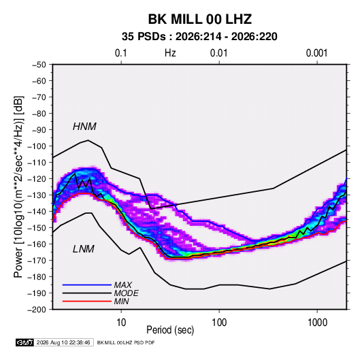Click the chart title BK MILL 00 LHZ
coord(200,19)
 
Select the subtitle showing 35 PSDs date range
coord(199,37)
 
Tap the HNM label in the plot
coord(84,127)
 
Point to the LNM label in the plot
coord(84,249)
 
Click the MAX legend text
coord(123,284)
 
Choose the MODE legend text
coord(127,293)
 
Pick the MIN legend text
coord(121,301)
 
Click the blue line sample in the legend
coord(87,284)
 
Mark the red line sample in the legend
coord(87,301)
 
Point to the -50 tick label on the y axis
coord(39,65)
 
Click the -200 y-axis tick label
coord(37,310)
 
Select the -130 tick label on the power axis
coord(37,195)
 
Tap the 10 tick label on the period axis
coord(121,323)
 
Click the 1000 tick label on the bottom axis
coord(317,323)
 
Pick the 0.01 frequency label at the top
coord(218,53)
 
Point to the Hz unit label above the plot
coord(170,53)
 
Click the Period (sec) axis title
coord(170,330)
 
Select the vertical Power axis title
coord(18,186)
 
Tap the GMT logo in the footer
coord(25,342)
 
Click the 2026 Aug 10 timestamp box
coord(63,342)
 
